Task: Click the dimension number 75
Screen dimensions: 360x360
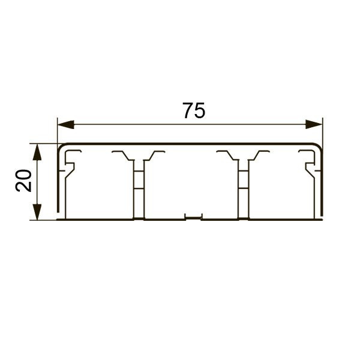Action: tap(194, 110)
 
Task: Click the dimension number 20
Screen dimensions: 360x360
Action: tap(23, 181)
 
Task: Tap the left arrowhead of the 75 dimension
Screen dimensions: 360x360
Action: tap(65, 124)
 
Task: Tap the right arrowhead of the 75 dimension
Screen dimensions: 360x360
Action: tap(314, 124)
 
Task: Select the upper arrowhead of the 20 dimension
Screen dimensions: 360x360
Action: tap(37, 152)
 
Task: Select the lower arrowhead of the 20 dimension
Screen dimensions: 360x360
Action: tap(37, 212)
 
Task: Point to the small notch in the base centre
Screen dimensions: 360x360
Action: tap(194, 217)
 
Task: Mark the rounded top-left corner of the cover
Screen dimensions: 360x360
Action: tap(60, 147)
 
